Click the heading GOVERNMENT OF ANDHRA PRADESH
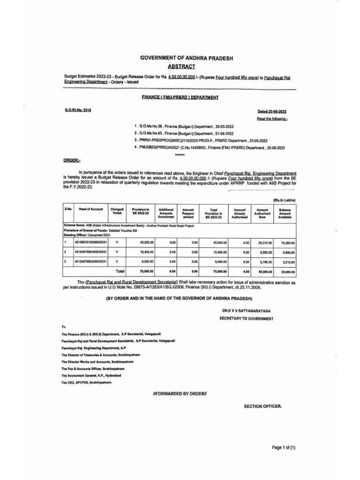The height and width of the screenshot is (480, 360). pyautogui.click(x=187, y=58)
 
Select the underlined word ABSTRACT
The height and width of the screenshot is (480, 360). pyautogui.click(x=187, y=67)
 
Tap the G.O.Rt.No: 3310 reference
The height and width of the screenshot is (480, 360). pyautogui.click(x=77, y=109)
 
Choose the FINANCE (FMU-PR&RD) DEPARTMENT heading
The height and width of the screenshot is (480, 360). pyautogui.click(x=180, y=97)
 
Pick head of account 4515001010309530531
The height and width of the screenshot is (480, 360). pyautogui.click(x=91, y=242)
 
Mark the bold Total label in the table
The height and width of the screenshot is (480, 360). pyautogui.click(x=120, y=271)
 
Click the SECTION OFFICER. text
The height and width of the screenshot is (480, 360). pyautogui.click(x=263, y=406)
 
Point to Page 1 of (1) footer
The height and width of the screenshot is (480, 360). pyautogui.click(x=284, y=448)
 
